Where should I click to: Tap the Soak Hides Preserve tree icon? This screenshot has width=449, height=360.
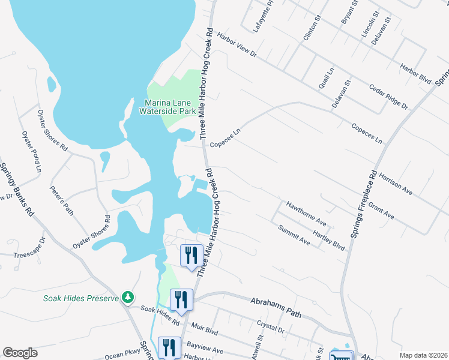[127, 297]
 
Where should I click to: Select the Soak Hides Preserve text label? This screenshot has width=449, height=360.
[80, 298]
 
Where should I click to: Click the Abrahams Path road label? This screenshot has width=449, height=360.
[274, 308]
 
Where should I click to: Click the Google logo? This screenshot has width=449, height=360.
[20, 353]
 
